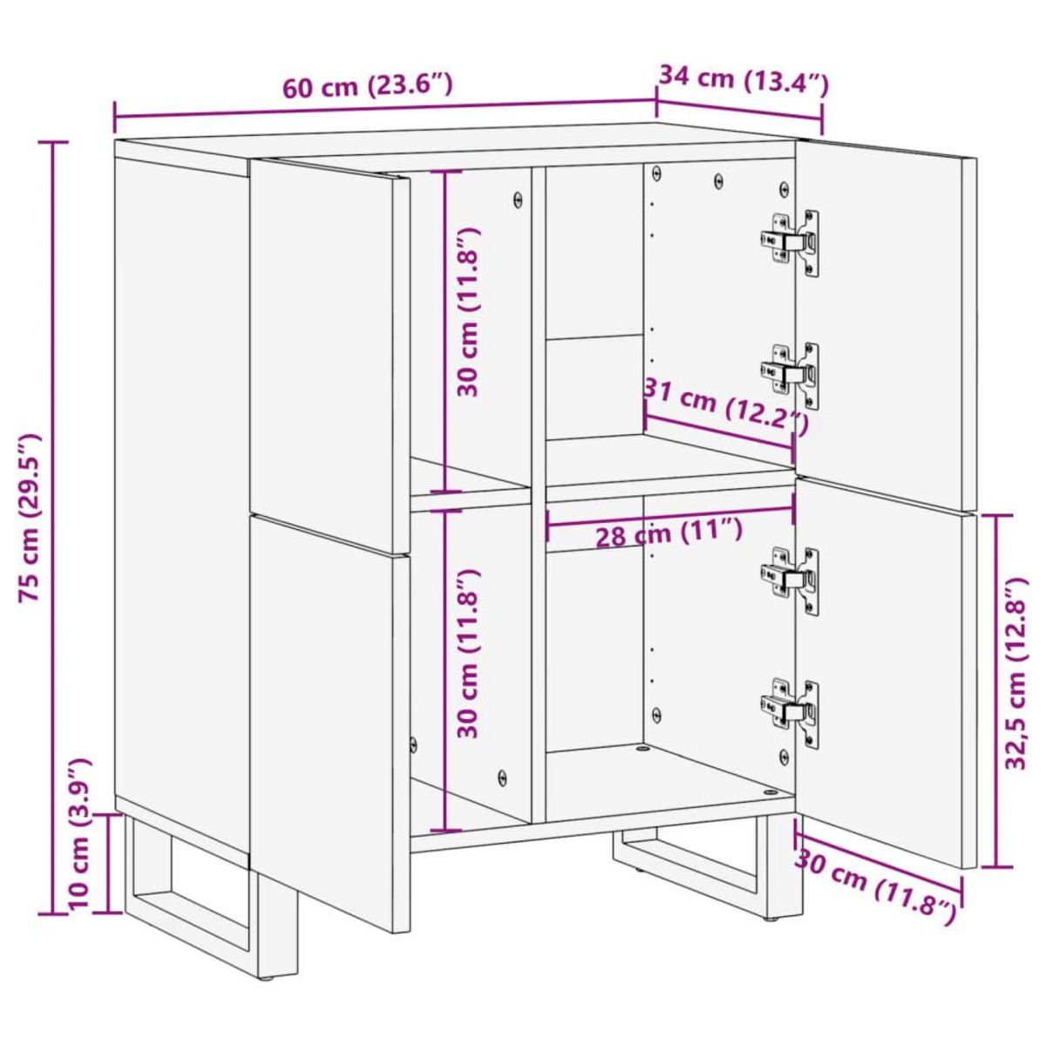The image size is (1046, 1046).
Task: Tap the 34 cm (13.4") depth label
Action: tap(743, 80)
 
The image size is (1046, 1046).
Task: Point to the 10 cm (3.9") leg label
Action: tap(80, 835)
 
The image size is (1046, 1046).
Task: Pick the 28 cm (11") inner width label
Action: tap(669, 533)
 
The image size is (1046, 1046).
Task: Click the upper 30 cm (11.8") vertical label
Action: tap(469, 312)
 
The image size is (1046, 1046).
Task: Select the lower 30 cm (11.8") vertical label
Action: tap(469, 654)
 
